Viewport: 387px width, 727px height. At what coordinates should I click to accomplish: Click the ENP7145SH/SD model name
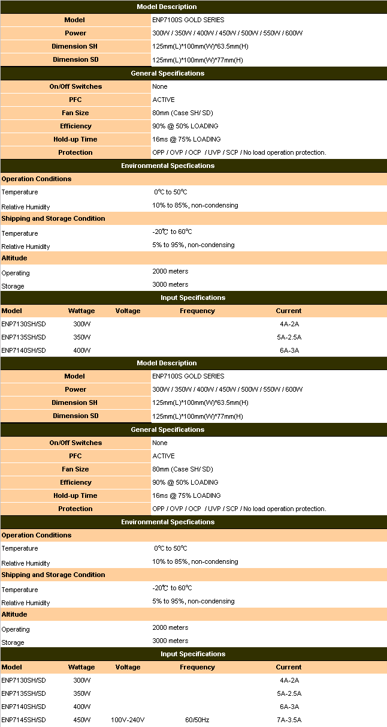click(x=23, y=720)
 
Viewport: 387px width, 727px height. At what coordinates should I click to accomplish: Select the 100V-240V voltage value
click(x=128, y=720)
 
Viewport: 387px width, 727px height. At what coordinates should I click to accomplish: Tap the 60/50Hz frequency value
click(x=197, y=720)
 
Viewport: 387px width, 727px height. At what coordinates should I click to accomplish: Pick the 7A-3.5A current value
click(x=289, y=720)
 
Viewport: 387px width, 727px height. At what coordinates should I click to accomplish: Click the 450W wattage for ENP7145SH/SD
click(x=82, y=720)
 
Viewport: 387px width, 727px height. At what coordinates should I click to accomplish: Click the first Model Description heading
click(x=167, y=7)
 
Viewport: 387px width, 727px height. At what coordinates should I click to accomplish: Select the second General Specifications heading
click(x=167, y=429)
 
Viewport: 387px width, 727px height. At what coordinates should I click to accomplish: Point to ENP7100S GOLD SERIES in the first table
click(x=188, y=20)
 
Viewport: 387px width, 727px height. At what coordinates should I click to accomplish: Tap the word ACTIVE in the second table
click(x=164, y=456)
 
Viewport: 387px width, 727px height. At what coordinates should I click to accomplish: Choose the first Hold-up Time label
click(x=75, y=139)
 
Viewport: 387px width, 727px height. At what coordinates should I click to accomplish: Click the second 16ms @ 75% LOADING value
click(x=186, y=495)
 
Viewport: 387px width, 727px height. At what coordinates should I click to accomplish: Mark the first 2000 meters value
click(x=170, y=271)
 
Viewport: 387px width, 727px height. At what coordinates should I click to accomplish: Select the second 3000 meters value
click(x=170, y=641)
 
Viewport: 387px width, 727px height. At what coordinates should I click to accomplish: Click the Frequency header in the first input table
click(x=197, y=311)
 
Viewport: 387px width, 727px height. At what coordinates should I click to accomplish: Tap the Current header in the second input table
click(x=289, y=667)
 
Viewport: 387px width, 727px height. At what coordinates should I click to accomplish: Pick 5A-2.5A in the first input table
click(x=289, y=337)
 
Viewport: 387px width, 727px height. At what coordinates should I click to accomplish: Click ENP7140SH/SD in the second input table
click(x=23, y=707)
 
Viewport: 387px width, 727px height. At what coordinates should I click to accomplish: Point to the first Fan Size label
click(x=75, y=113)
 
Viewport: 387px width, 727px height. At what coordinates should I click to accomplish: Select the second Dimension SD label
click(x=75, y=416)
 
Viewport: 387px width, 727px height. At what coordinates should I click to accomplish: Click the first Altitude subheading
click(x=14, y=258)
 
